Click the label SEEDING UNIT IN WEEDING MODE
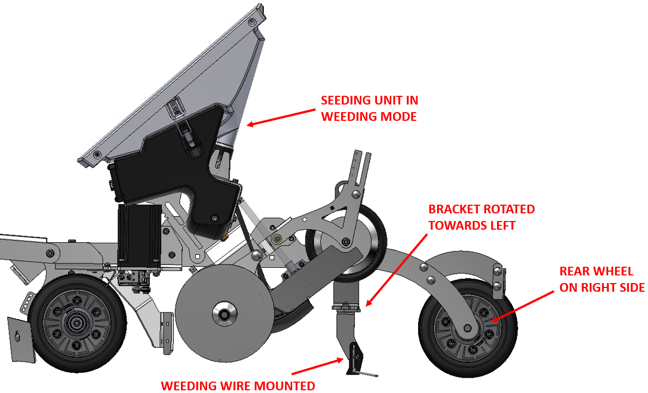tap(369, 108)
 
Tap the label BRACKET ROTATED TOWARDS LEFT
tap(481, 217)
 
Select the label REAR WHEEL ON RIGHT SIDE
tap(602, 279)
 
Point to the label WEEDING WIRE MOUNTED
tap(238, 386)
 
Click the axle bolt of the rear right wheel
tap(467, 328)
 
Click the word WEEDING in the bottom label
tap(188, 386)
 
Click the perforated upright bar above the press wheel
tap(360, 169)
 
